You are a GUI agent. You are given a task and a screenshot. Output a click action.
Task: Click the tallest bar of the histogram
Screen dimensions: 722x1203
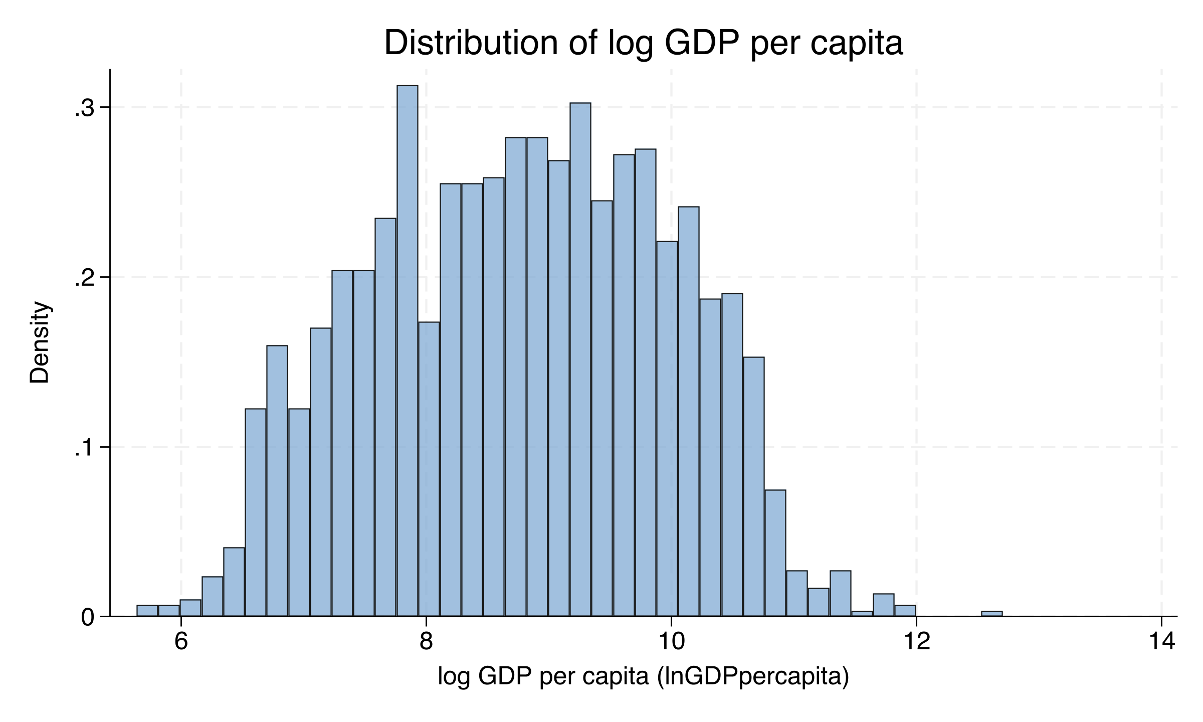(x=407, y=351)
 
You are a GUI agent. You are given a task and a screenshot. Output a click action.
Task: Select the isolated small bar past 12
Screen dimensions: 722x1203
(x=991, y=614)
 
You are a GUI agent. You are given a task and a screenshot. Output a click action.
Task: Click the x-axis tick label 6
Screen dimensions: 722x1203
(x=181, y=641)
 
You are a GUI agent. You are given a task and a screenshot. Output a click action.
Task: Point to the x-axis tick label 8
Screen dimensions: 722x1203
(x=426, y=641)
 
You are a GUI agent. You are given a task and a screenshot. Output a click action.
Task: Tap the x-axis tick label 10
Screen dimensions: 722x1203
(x=671, y=641)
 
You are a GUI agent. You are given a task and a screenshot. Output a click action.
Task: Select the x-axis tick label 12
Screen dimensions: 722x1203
(x=916, y=641)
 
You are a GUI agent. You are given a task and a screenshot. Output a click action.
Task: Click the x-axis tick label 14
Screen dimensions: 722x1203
(x=1161, y=641)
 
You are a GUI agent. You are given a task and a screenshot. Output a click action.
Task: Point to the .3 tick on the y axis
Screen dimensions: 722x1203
(x=85, y=108)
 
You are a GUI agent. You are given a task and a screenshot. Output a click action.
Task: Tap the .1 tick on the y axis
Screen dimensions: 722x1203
(x=85, y=448)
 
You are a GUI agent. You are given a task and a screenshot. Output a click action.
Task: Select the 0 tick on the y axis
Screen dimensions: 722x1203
(x=88, y=617)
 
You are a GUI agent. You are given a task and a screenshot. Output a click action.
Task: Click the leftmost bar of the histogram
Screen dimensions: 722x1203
(x=147, y=611)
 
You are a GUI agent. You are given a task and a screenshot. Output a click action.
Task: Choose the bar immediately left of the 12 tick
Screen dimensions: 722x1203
(x=905, y=611)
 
